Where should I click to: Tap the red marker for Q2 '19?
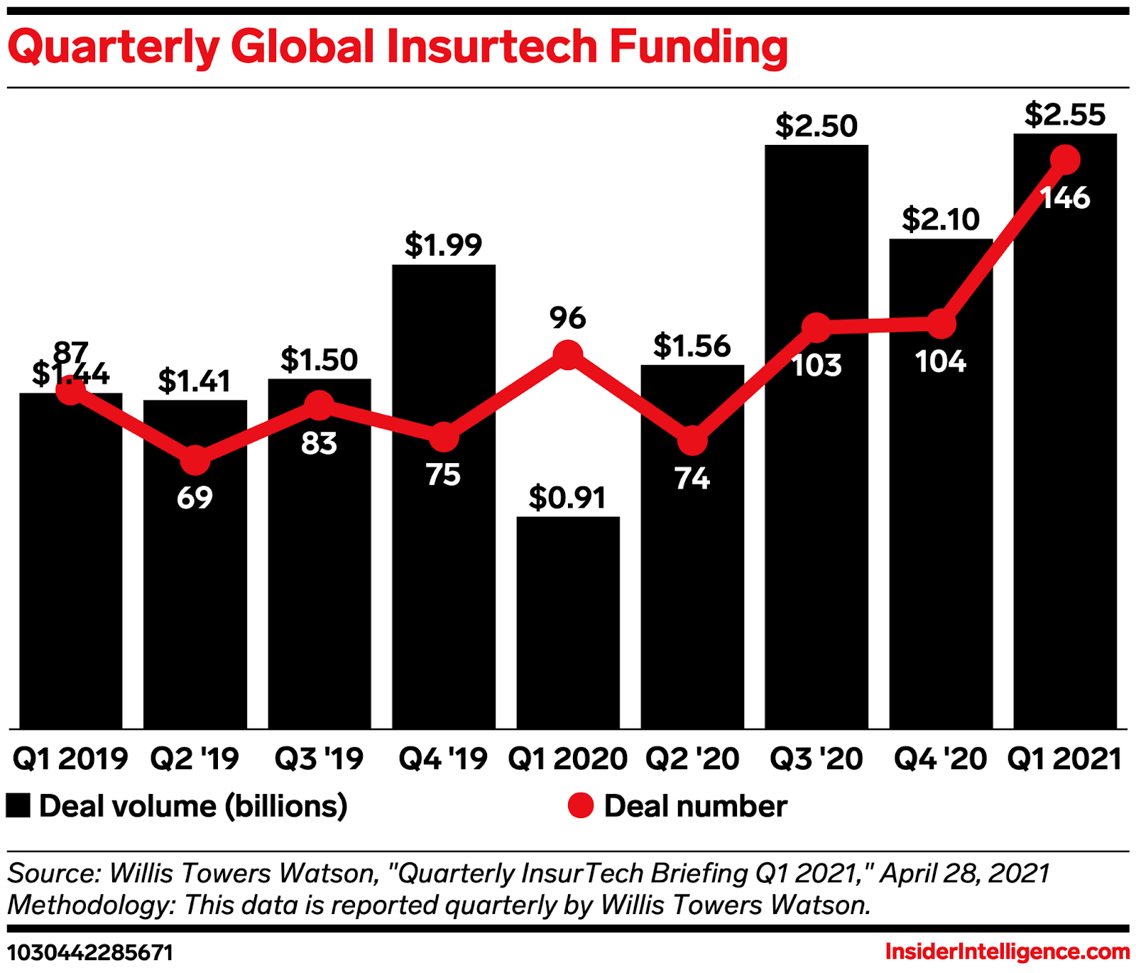coord(195,460)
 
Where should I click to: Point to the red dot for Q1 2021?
coord(1065,160)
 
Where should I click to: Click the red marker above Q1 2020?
coord(568,354)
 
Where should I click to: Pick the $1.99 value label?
coord(443,245)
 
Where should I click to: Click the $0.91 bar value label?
coord(567,498)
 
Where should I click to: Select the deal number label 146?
coord(1065,198)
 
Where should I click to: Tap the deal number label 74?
coord(692,479)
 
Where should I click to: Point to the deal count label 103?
coord(816,366)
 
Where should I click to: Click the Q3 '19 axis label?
coord(319,759)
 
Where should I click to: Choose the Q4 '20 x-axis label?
coord(940,759)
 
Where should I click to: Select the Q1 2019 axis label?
coord(70,759)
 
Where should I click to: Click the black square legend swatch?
coord(18,806)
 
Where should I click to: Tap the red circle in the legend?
coord(580,806)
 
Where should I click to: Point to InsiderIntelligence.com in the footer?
coord(1007,952)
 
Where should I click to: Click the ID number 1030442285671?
coord(90,952)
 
